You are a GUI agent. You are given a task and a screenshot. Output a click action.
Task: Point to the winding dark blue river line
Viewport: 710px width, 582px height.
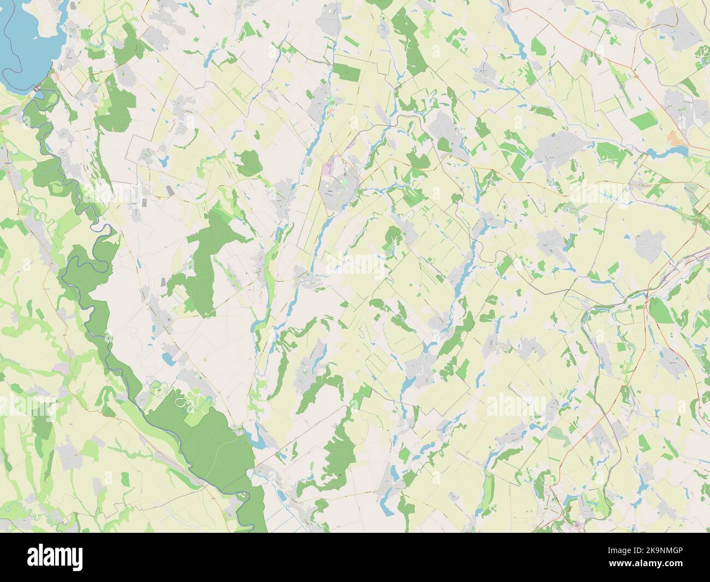(x=87, y=262)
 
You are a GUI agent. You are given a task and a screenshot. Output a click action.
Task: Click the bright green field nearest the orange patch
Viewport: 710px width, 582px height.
(x=644, y=119)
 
